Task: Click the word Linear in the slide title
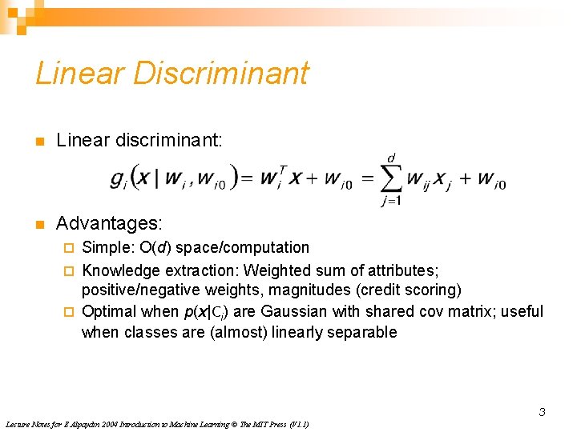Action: point(79,73)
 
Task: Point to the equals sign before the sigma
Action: point(365,178)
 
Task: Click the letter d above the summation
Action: point(391,158)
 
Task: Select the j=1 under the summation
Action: point(391,201)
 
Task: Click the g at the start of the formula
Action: point(117,179)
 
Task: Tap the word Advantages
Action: point(108,222)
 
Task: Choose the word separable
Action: point(360,332)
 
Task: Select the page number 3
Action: point(542,413)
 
